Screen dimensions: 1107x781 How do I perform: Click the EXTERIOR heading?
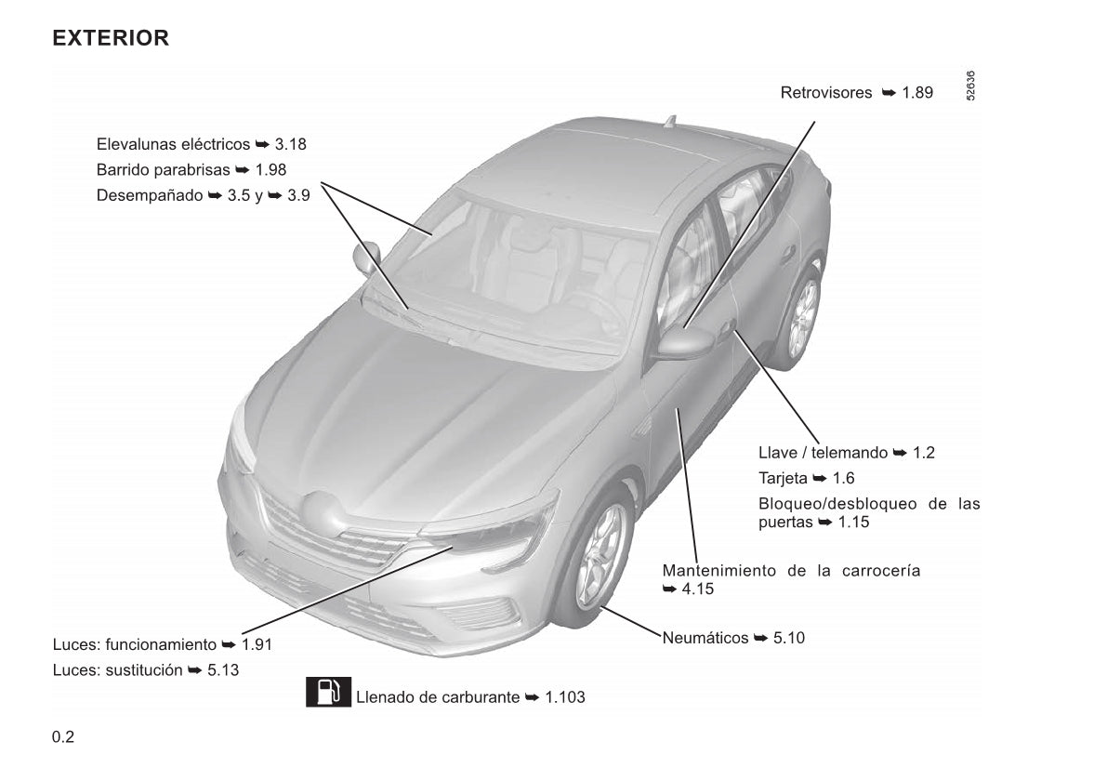point(111,37)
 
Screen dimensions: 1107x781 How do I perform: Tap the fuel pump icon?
point(328,692)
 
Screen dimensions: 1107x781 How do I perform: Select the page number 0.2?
point(63,737)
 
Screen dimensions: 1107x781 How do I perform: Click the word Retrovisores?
point(826,92)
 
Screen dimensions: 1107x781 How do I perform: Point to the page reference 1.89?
point(917,92)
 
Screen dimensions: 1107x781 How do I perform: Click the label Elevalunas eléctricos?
point(173,144)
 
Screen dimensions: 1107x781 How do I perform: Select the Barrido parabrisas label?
point(163,170)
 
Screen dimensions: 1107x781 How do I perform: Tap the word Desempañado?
point(150,195)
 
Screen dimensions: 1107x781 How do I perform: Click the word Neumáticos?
point(705,639)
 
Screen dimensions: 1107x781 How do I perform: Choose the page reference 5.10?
point(788,639)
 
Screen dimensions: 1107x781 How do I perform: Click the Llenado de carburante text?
point(438,697)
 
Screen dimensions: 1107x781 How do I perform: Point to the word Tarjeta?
point(783,479)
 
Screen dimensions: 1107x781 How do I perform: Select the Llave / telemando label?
point(824,453)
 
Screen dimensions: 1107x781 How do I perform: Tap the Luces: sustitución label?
point(117,670)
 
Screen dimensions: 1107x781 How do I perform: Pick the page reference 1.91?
point(257,644)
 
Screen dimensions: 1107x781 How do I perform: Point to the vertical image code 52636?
point(970,86)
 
